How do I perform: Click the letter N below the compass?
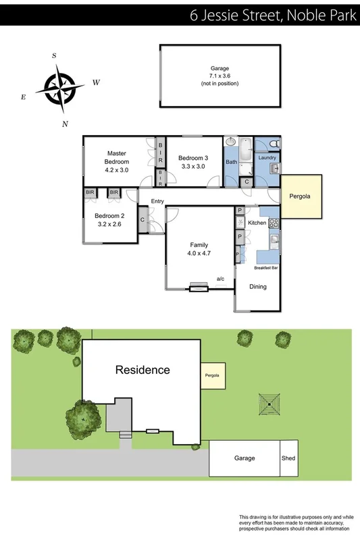[x=65, y=124]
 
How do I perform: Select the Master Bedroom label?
[x=116, y=157]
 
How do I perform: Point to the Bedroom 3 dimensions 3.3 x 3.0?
[x=192, y=166]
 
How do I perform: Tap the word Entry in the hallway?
[x=157, y=201]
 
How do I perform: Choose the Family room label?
[x=199, y=245]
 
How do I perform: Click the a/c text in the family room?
[x=220, y=278]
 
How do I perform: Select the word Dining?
[x=258, y=286]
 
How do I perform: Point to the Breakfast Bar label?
[x=266, y=268]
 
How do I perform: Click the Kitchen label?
[x=257, y=222]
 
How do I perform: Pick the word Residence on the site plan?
[x=142, y=369]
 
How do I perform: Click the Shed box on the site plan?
[x=288, y=458]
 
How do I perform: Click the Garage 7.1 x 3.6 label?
[x=220, y=76]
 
